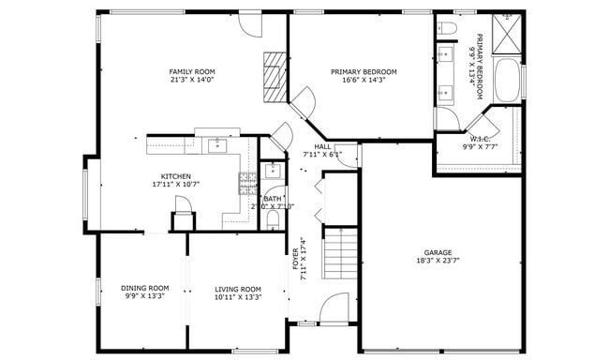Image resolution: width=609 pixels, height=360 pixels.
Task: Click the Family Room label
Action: (192, 72)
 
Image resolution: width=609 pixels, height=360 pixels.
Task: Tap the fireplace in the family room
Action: (273, 76)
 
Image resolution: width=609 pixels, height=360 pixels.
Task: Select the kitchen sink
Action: (217, 144)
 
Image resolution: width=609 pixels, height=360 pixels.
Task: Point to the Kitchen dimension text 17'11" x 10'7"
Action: (175, 185)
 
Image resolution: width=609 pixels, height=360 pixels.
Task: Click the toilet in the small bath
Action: (272, 219)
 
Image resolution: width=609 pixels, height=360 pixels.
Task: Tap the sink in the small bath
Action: (272, 171)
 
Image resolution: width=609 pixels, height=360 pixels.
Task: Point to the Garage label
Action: (438, 253)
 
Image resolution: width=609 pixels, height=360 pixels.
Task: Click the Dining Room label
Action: (144, 289)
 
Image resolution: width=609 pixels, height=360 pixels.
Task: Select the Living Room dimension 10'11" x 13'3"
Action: (238, 297)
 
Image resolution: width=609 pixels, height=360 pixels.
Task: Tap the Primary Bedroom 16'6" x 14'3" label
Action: (364, 72)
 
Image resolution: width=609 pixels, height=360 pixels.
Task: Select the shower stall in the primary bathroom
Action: (507, 33)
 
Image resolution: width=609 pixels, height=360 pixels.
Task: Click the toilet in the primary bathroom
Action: (446, 27)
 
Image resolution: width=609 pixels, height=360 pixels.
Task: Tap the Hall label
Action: (322, 146)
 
